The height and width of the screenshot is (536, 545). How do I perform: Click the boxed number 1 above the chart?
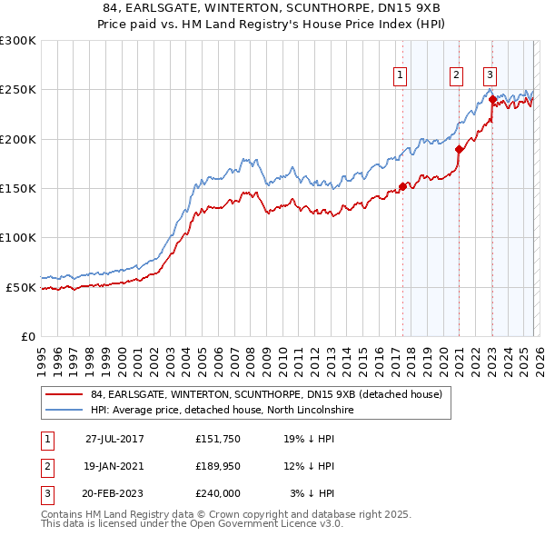[400, 75]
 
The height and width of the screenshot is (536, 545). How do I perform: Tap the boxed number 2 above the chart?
[456, 75]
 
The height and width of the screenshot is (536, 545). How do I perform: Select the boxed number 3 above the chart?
[490, 75]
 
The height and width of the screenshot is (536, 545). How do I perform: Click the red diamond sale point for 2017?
[402, 187]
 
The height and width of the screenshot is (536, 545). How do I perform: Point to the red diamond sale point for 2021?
[459, 150]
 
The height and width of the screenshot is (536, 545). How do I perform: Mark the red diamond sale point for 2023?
[491, 100]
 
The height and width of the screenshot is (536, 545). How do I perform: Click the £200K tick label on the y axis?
[17, 139]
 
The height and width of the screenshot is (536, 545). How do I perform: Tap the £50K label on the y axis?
[21, 287]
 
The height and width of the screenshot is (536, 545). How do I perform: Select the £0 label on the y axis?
[26, 336]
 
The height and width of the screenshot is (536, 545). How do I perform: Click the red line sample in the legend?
[64, 395]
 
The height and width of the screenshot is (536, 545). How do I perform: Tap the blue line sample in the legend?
[64, 411]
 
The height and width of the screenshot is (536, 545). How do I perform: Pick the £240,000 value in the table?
[218, 493]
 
